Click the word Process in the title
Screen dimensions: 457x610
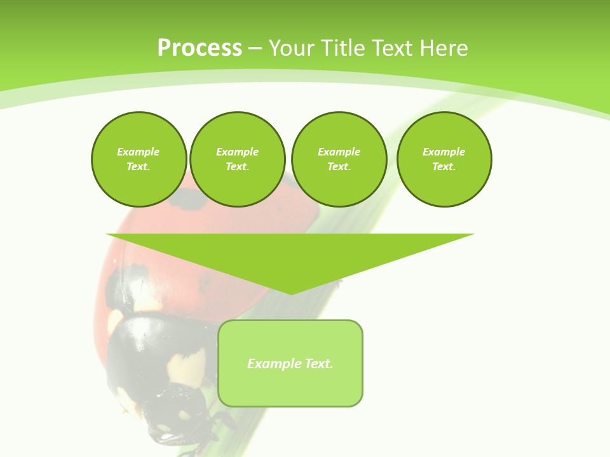coord(200,48)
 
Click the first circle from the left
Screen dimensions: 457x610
coord(139,159)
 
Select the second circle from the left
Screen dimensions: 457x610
coord(238,159)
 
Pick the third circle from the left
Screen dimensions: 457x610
coord(339,159)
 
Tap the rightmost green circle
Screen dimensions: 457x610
coord(444,159)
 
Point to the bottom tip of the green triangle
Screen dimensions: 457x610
coord(290,293)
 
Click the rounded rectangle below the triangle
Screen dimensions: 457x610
coord(290,387)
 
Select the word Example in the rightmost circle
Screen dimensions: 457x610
coord(444,152)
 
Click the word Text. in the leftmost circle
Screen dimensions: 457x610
coord(139,167)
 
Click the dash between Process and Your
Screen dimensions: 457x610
coord(255,48)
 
